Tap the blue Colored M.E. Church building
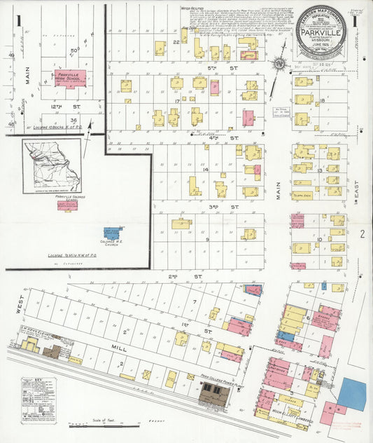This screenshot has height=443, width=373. click(112, 232)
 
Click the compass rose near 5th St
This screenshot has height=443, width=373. click(279, 64)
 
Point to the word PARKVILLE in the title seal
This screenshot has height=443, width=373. click(323, 31)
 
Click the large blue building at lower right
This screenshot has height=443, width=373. click(351, 394)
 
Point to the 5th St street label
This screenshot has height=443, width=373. click(213, 67)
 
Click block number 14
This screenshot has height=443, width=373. click(206, 170)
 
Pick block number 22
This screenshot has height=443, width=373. click(177, 42)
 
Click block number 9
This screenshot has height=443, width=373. click(208, 239)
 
